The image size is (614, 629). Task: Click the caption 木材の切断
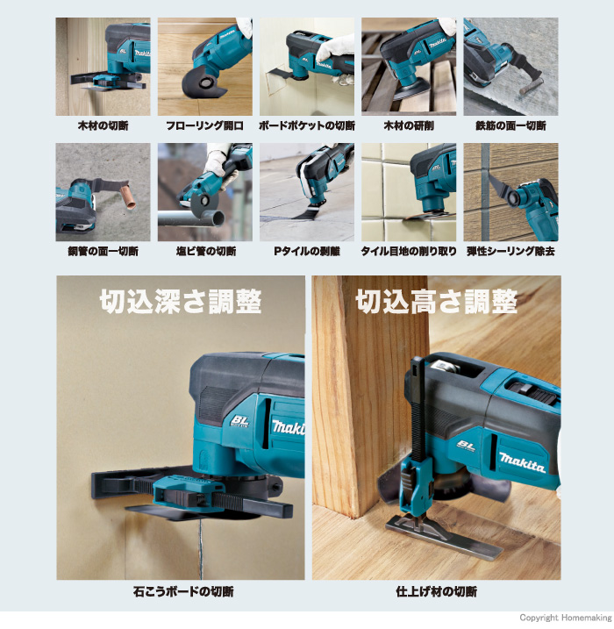click(x=104, y=126)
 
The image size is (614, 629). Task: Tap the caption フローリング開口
click(x=205, y=126)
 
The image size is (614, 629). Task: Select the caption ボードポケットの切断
click(x=307, y=126)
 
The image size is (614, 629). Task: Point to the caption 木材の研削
click(x=409, y=126)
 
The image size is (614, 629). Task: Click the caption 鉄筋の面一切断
click(x=510, y=126)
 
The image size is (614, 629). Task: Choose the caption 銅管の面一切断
click(x=104, y=252)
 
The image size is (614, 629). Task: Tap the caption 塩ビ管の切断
click(x=206, y=252)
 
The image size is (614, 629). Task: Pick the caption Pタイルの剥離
click(x=307, y=252)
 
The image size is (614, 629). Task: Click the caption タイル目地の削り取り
click(x=409, y=252)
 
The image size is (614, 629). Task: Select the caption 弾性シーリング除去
click(x=510, y=252)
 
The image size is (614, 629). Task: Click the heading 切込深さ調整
click(x=181, y=302)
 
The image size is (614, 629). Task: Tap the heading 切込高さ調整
click(x=436, y=302)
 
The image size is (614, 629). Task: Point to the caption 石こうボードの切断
click(x=182, y=591)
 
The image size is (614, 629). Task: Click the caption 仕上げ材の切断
click(x=436, y=591)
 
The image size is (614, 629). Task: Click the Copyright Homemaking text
click(x=566, y=618)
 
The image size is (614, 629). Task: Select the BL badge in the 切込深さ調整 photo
click(x=239, y=421)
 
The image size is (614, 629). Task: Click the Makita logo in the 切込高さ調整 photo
click(x=522, y=462)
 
